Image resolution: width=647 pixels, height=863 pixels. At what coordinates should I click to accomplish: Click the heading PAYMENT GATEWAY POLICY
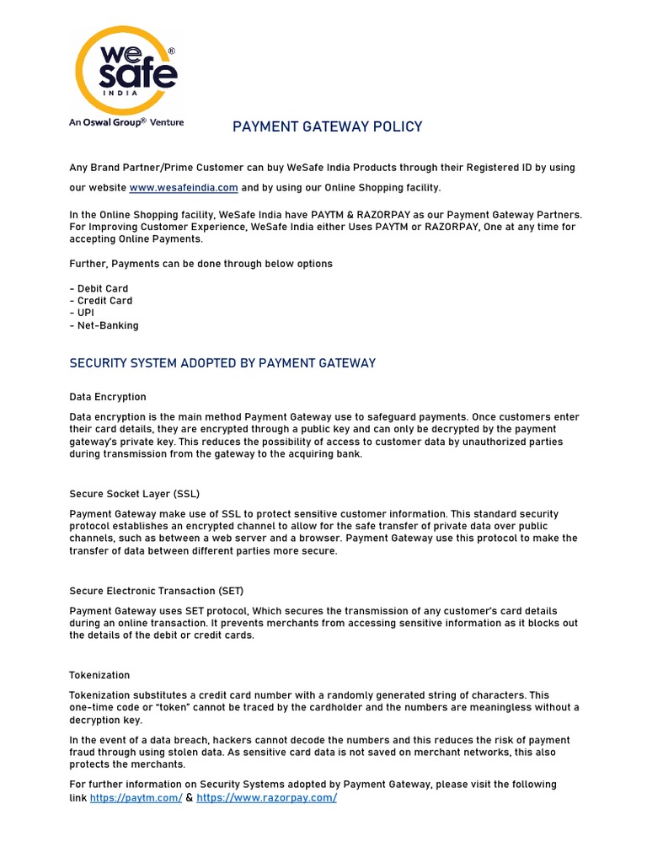point(327,127)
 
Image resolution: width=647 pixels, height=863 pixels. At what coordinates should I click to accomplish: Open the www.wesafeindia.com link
point(184,187)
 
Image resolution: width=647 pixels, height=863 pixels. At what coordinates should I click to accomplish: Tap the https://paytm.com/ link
point(136,797)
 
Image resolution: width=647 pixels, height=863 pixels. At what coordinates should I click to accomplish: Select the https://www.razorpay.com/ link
point(266,797)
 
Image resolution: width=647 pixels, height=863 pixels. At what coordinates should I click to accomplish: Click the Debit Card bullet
point(99,288)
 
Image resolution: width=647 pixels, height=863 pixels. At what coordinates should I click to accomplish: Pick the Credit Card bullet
point(100,301)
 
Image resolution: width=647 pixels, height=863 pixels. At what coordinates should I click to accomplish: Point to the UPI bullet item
point(84,313)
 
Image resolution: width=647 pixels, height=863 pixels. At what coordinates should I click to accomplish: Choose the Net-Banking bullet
point(104,325)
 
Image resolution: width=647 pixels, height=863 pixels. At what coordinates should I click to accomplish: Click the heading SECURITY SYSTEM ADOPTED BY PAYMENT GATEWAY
point(222,363)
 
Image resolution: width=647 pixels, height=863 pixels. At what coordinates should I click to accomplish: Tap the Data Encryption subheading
point(108,397)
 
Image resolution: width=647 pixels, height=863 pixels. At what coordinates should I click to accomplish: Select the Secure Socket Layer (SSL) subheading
point(134,493)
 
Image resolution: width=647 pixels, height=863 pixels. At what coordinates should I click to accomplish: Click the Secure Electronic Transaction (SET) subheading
point(157,591)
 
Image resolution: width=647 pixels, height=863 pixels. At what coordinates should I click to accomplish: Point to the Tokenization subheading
point(99,675)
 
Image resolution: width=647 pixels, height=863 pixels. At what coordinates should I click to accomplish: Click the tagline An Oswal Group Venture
point(126,122)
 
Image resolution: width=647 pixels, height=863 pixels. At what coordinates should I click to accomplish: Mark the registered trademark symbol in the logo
point(172,51)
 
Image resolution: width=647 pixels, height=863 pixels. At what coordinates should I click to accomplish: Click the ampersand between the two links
point(190,797)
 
